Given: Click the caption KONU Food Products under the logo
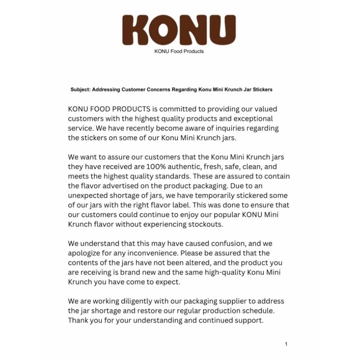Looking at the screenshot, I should pyautogui.click(x=179, y=51).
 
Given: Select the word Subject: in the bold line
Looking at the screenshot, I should pyautogui.click(x=81, y=90).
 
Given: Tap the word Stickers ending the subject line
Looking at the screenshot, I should pyautogui.click(x=262, y=90).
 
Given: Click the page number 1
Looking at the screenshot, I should pyautogui.click(x=286, y=344).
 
